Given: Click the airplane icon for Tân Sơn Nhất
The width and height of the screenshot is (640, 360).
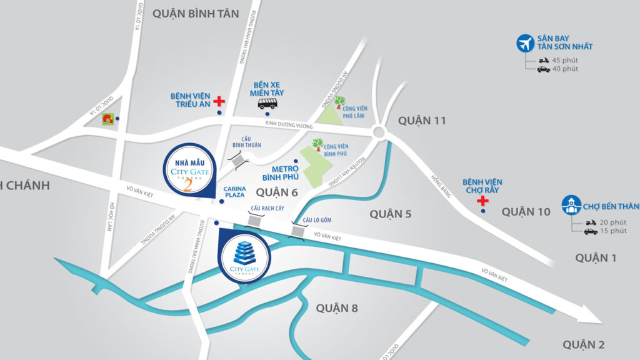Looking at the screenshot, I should (x=524, y=44).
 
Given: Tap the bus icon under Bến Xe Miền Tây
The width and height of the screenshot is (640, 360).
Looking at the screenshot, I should (x=267, y=104).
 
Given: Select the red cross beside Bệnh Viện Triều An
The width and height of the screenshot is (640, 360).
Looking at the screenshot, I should (x=219, y=101).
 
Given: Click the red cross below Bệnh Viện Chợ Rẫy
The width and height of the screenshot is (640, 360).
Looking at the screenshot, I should (x=482, y=201).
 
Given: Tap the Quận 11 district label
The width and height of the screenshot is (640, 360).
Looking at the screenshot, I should (x=422, y=121).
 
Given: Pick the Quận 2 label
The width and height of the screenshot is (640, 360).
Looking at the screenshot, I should (x=583, y=344).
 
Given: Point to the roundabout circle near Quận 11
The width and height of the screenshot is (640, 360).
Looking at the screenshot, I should (x=378, y=132).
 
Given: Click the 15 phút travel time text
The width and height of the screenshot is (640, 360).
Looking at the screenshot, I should (x=612, y=231).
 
